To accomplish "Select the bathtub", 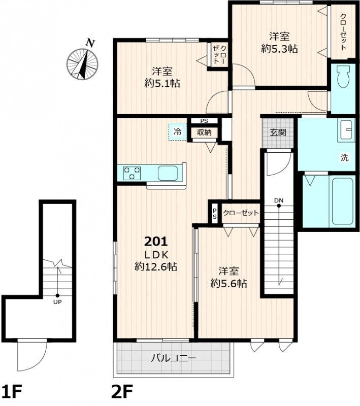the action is click(x=342, y=201).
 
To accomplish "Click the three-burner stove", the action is click(x=132, y=173).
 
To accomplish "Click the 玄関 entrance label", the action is click(x=278, y=132).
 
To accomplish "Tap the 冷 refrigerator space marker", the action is click(x=178, y=132).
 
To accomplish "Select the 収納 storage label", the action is click(x=204, y=132).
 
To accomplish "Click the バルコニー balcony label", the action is click(x=174, y=358).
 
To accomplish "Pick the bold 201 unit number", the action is click(x=156, y=242).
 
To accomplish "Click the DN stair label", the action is click(x=279, y=200).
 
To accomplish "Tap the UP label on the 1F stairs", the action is click(x=57, y=302).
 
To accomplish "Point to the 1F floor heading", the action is click(x=11, y=392).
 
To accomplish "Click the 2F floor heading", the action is click(x=122, y=392).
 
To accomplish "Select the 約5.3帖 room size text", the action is click(x=279, y=49).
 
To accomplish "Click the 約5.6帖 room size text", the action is click(x=228, y=284).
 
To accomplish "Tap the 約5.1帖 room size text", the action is click(x=162, y=83).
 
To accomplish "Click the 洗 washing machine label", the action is click(x=344, y=158).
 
